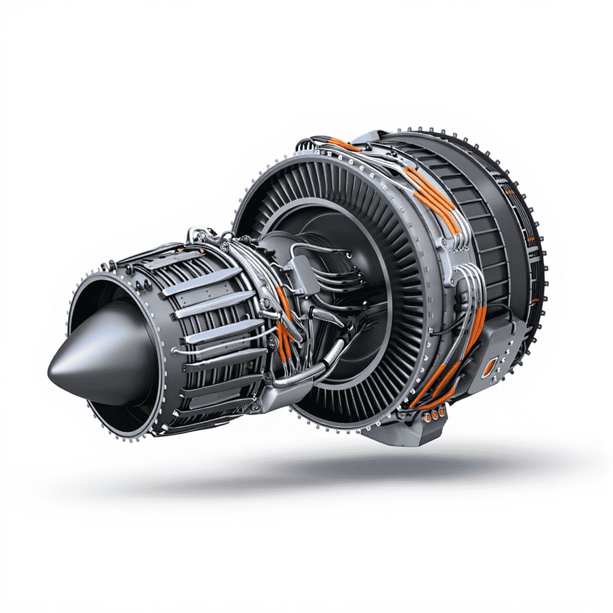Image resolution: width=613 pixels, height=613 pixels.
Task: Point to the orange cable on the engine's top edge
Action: click(x=344, y=144)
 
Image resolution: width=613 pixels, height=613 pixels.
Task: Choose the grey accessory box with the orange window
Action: click(x=494, y=359)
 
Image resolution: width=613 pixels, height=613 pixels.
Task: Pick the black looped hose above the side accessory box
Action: click(x=461, y=311)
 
